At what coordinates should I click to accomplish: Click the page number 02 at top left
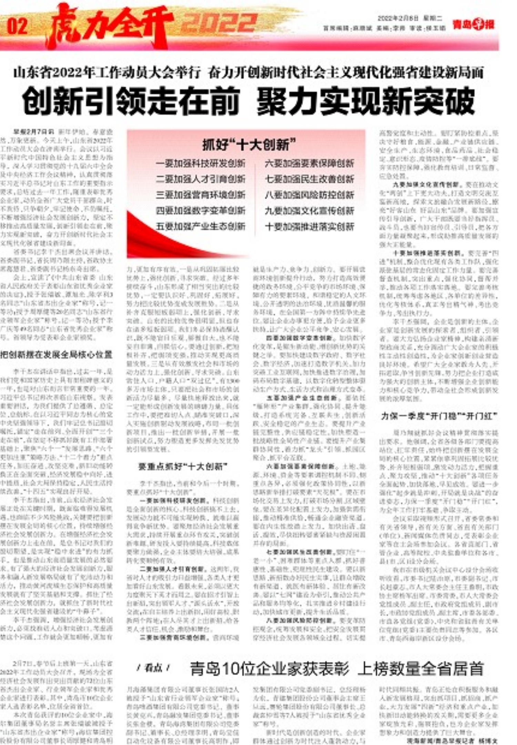(x=17, y=26)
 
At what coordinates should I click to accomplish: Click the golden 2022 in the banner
(x=219, y=24)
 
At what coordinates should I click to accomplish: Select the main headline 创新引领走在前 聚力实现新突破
(x=249, y=101)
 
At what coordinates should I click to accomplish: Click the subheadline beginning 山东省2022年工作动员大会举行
(x=249, y=73)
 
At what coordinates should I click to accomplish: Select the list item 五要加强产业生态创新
(x=200, y=226)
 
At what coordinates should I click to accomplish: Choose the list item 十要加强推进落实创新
(x=309, y=226)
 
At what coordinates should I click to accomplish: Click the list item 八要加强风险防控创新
(x=309, y=195)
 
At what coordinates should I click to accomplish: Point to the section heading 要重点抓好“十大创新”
(x=183, y=467)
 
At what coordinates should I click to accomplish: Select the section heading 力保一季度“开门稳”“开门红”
(x=439, y=416)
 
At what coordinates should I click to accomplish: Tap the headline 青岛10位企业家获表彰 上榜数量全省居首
(x=337, y=669)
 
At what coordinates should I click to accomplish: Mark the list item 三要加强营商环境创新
(x=200, y=195)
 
